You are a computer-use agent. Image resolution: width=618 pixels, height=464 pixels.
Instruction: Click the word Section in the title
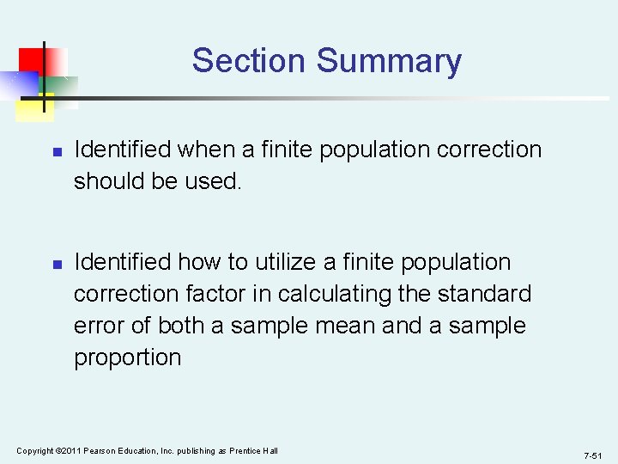pos(249,61)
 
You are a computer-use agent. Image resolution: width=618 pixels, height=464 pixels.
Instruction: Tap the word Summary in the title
pos(389,61)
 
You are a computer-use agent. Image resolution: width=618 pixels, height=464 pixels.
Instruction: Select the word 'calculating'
pos(325,294)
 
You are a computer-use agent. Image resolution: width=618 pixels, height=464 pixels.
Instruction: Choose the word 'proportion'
pos(128,357)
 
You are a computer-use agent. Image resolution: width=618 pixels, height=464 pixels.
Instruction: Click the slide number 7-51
pos(592,455)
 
